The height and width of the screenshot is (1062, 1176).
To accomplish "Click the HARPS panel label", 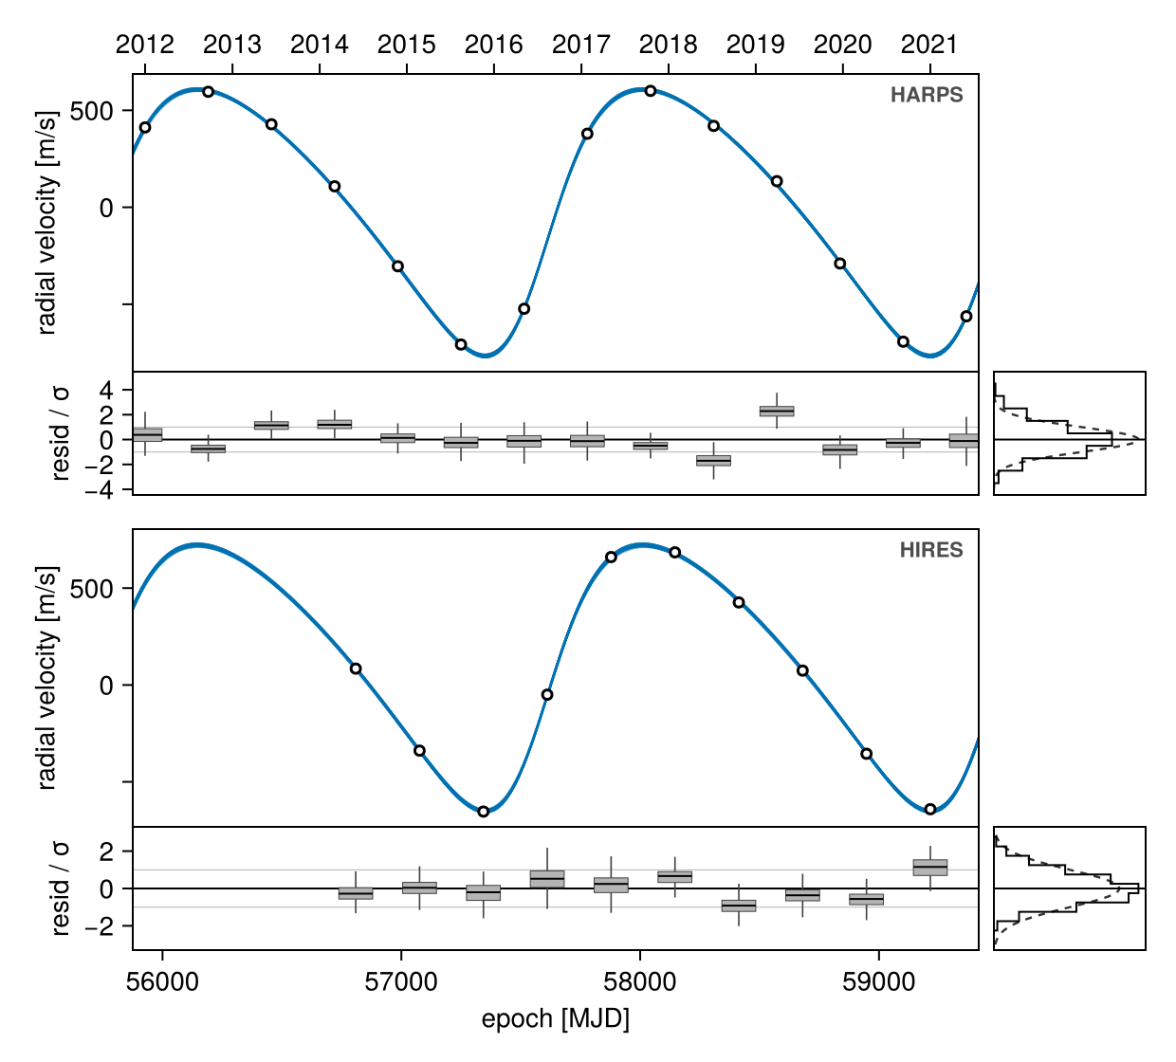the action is tap(927, 95).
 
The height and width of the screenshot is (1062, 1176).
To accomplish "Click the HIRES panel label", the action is tap(931, 550).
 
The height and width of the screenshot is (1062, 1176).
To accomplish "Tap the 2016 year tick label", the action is tap(493, 45).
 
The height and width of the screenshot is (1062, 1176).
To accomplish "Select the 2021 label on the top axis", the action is tap(929, 45).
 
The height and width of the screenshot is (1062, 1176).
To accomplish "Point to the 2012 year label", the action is tap(145, 45).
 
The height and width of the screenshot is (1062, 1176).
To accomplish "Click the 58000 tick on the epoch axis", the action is tap(639, 982).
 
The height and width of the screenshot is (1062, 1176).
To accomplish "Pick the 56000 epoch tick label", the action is tap(162, 982).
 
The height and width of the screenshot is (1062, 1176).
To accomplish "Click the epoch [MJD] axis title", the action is tap(555, 1019).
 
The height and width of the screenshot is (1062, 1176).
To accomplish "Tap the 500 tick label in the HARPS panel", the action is tap(91, 111).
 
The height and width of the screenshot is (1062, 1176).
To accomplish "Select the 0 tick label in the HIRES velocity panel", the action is tap(106, 685).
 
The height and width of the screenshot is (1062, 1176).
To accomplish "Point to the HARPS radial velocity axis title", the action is tap(46, 223).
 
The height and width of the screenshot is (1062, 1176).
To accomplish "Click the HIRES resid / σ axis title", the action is tap(61, 888).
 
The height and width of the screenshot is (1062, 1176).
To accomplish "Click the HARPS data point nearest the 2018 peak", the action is tap(651, 91).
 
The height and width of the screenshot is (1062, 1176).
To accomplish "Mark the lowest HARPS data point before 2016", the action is tap(461, 344).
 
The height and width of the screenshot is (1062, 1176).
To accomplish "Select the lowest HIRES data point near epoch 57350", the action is tap(483, 812).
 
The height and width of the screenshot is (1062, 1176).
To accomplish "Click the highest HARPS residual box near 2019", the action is tap(777, 412).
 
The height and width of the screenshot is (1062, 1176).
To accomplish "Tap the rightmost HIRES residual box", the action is tap(929, 868).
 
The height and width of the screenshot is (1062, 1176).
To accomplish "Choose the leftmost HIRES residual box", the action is tap(356, 893).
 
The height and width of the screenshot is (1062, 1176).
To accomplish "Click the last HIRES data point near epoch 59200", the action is tap(929, 809).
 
